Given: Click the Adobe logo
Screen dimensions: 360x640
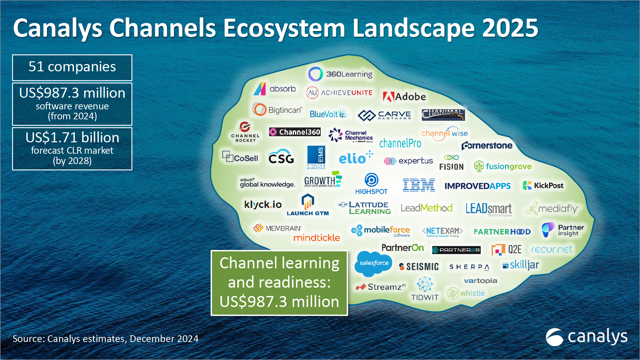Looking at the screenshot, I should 404,97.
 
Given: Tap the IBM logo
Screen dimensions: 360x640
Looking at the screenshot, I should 419,185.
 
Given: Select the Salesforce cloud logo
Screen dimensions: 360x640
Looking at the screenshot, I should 373,264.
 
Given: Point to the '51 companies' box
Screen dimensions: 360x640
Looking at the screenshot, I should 72,67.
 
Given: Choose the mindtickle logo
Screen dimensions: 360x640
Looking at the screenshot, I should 316,238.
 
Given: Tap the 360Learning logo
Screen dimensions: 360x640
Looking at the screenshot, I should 340,74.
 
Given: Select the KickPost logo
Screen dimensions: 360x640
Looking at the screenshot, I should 543,185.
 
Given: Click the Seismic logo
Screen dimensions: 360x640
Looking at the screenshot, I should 419,267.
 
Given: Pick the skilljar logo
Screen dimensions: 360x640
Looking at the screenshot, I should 521,265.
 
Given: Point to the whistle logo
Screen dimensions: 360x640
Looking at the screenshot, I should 466,293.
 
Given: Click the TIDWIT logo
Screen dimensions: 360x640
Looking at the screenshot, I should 425,289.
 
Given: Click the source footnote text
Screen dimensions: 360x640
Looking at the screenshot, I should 105,339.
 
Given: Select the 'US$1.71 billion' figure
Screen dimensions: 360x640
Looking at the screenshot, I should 72,138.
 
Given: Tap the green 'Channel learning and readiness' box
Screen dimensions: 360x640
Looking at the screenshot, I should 279,283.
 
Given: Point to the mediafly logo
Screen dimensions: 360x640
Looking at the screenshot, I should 552,208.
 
